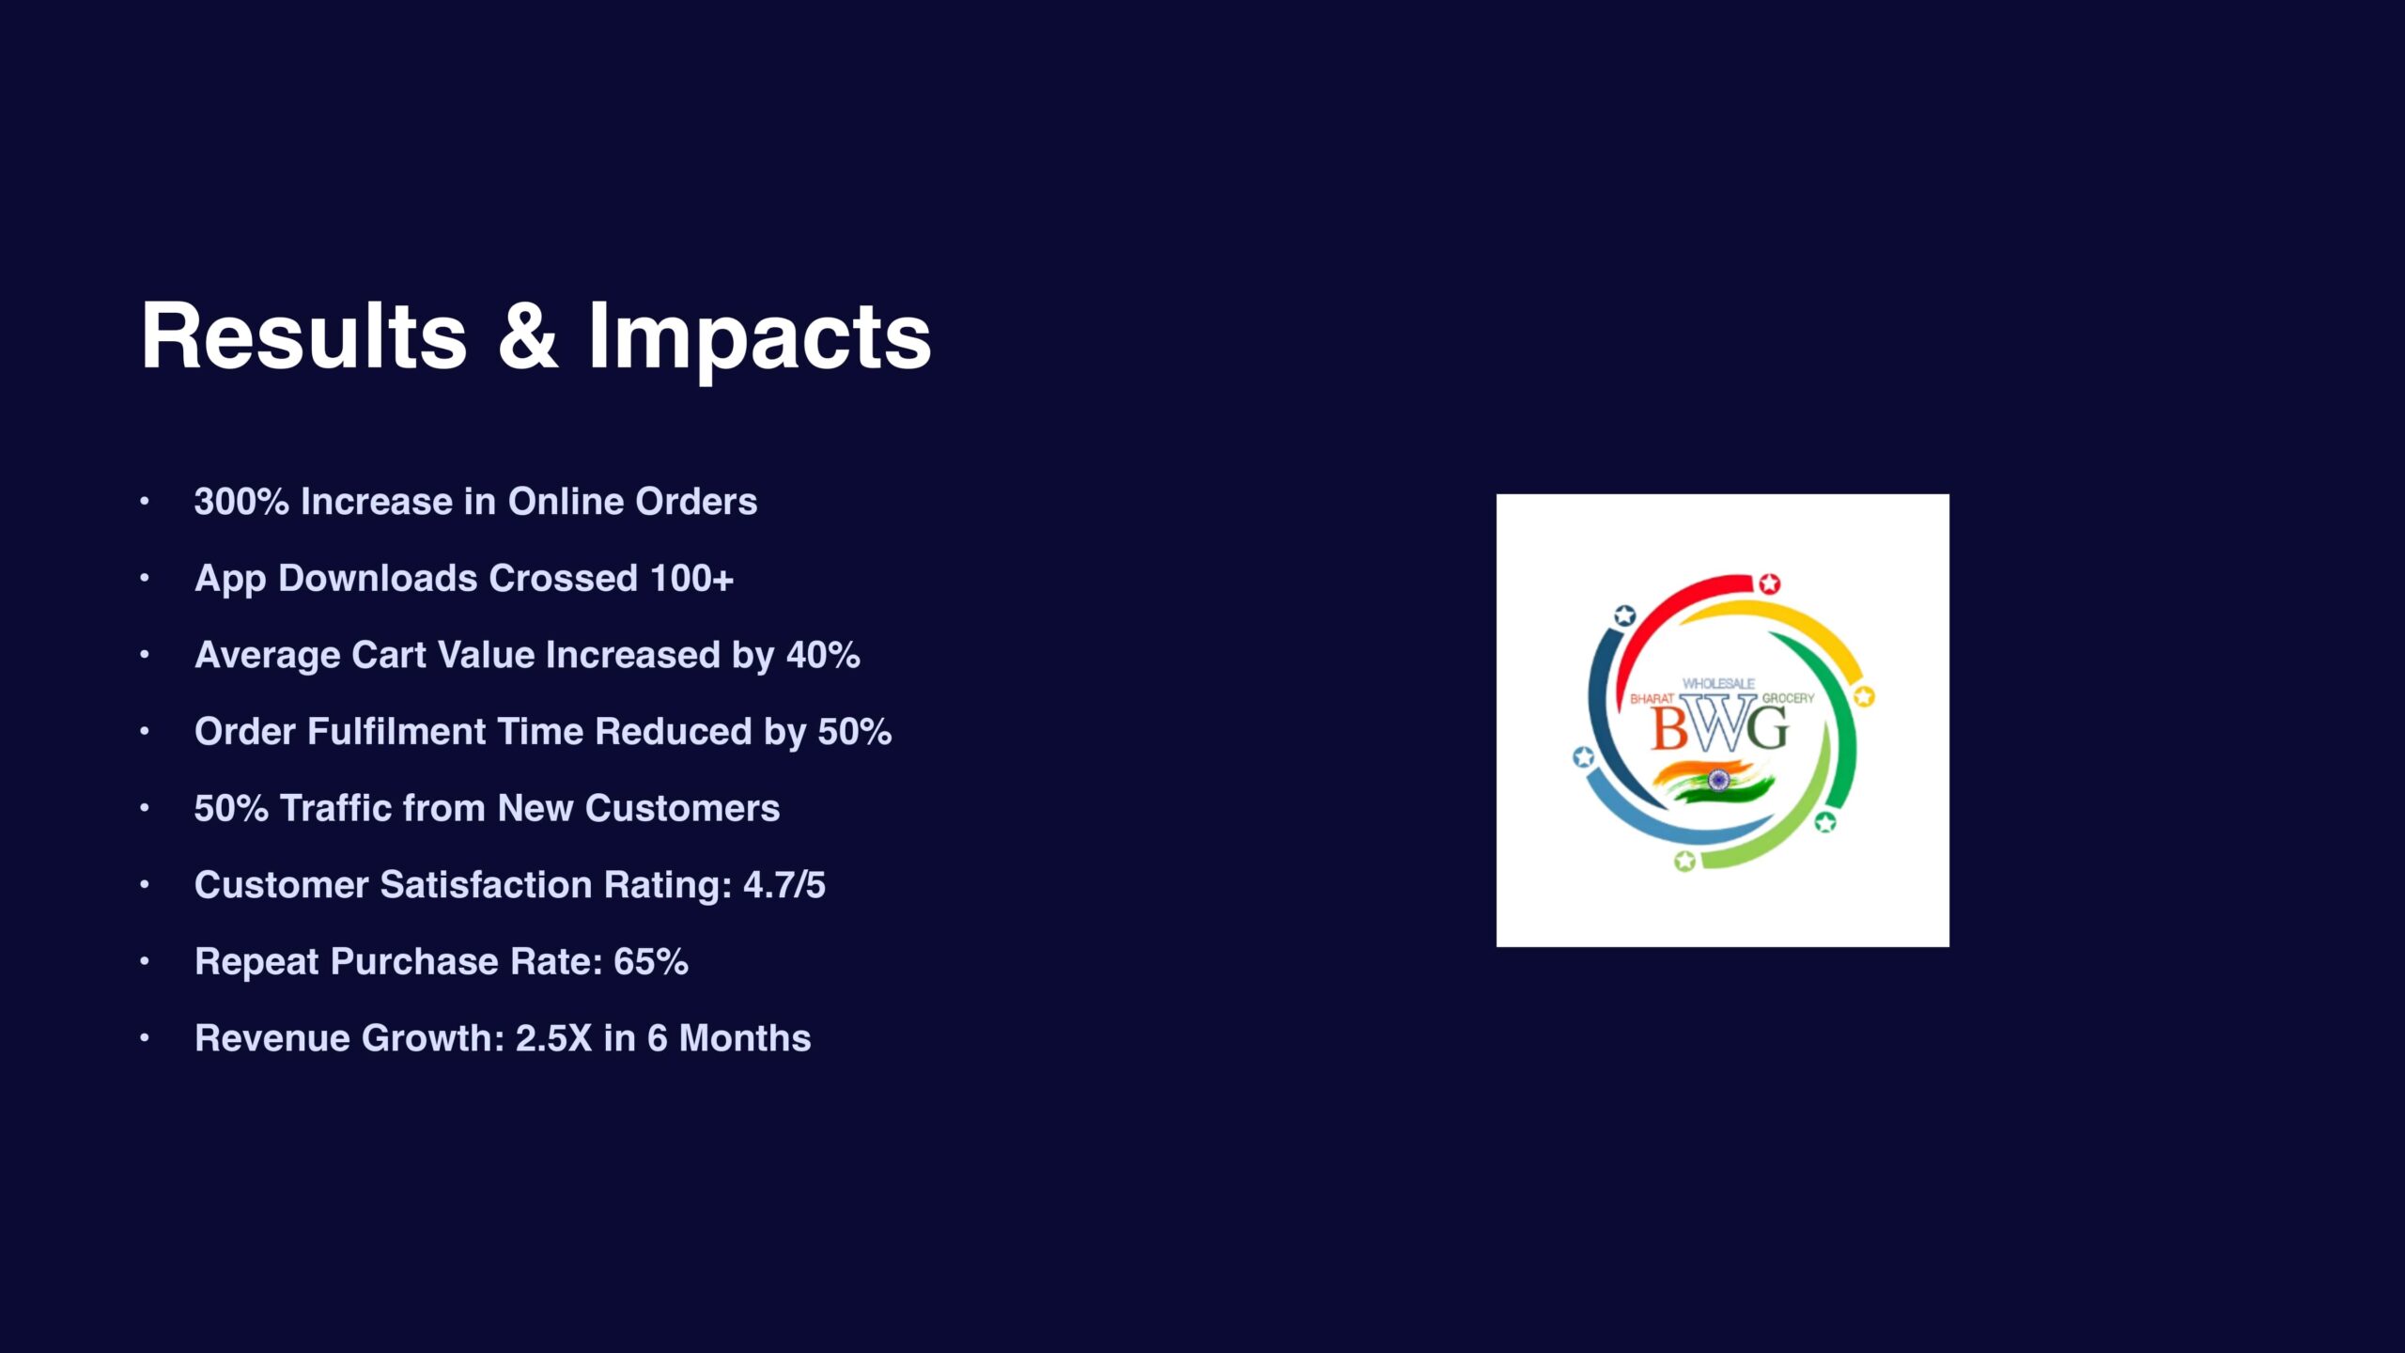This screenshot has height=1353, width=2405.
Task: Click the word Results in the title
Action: click(303, 335)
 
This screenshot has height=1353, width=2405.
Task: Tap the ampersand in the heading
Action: click(527, 335)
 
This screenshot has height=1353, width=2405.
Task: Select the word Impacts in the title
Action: click(760, 340)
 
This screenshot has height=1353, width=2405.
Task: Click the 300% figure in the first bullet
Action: click(241, 501)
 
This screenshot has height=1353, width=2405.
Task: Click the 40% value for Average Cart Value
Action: click(823, 655)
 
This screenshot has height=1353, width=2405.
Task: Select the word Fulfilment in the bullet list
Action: click(396, 731)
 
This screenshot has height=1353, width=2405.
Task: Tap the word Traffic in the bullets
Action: click(336, 808)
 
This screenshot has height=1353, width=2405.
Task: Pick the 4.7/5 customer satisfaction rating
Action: click(784, 885)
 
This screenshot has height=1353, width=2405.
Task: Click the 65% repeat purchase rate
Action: click(651, 961)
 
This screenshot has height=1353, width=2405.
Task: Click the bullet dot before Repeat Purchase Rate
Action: click(145, 961)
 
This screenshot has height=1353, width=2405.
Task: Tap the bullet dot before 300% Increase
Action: click(145, 501)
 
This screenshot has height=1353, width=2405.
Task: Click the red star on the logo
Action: click(1769, 583)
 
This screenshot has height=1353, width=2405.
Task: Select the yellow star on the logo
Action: click(1864, 696)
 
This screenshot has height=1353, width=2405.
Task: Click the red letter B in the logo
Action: click(1669, 728)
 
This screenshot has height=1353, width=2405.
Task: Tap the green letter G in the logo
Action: click(1769, 728)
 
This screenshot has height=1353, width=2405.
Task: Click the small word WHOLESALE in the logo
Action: click(1718, 683)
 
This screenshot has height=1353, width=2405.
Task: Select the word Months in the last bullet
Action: click(745, 1038)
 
